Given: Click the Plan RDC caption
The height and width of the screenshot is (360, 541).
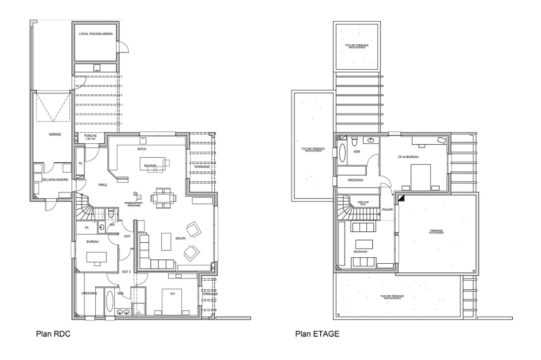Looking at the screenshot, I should pos(53,334).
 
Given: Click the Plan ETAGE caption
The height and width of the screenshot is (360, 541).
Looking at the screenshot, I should pos(318,334).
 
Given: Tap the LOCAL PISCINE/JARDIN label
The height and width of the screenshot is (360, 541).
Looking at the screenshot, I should pos(95,34).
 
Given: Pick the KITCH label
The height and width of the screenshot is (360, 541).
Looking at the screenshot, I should pos(142,149).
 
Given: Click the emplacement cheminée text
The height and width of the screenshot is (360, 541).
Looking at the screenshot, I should pos(133,204).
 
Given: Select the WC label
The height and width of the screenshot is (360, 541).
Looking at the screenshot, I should pos(113,225).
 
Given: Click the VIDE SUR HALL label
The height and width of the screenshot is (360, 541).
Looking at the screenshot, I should pos(362,203).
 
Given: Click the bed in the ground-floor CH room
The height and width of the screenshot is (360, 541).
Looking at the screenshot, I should pos(172,302).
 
